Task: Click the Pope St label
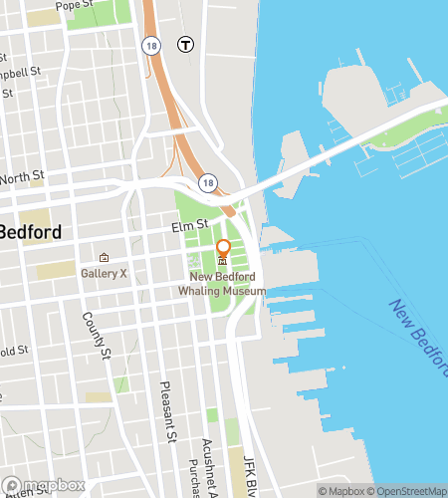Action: pyautogui.click(x=75, y=6)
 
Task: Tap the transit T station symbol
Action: pyautogui.click(x=185, y=44)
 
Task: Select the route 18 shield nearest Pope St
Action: pyautogui.click(x=150, y=45)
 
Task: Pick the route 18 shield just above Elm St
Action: pyautogui.click(x=207, y=183)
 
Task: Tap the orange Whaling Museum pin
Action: pyautogui.click(x=223, y=249)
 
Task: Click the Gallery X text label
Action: pyautogui.click(x=104, y=273)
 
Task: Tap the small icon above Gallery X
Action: pyautogui.click(x=104, y=257)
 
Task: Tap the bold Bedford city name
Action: pyautogui.click(x=30, y=232)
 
